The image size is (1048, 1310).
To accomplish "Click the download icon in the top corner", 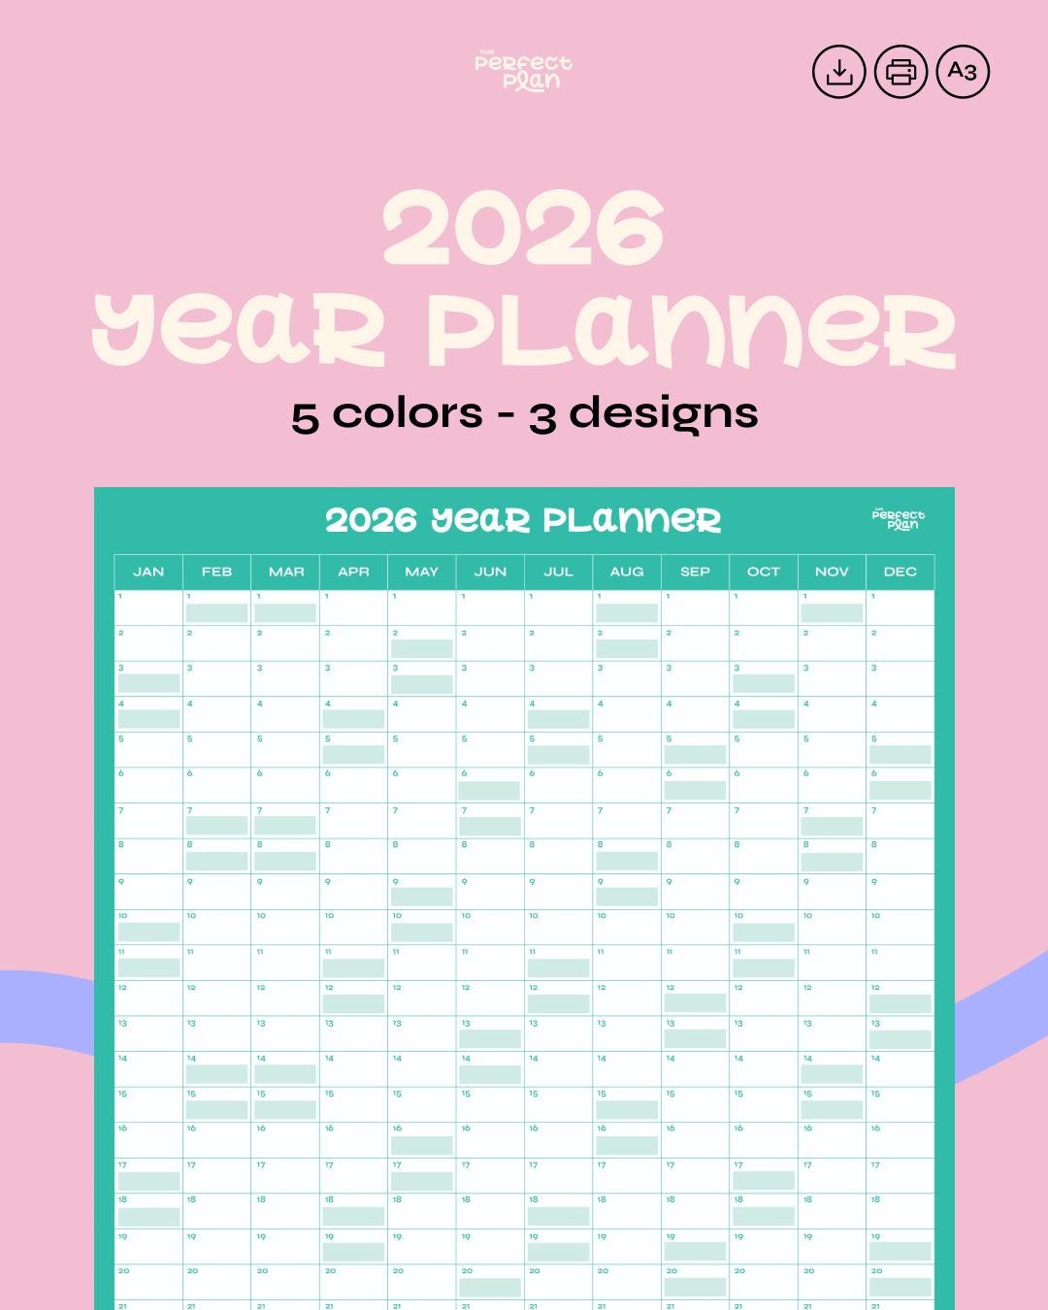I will [x=838, y=72].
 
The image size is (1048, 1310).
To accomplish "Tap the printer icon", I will [x=901, y=72].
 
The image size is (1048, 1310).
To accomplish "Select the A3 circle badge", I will [x=963, y=72].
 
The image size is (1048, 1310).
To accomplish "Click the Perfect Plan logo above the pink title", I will [x=523, y=71].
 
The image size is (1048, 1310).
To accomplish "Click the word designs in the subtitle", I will [x=663, y=414].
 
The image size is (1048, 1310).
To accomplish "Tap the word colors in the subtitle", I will [x=407, y=414].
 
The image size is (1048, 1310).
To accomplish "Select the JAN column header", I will [x=148, y=572].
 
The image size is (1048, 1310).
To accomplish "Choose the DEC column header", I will [x=901, y=572].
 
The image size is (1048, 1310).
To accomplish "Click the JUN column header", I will [x=490, y=572].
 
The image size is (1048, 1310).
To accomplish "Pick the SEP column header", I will [x=695, y=572].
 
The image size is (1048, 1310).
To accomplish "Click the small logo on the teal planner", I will [x=899, y=518].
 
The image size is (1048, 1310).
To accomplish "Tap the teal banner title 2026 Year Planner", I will [x=523, y=520].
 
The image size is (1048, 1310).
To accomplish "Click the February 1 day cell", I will [x=216, y=607].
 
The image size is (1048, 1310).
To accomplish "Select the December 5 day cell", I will [x=901, y=749].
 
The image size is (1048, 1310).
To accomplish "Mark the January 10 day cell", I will [x=148, y=927].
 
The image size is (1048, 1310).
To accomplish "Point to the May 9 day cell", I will [x=421, y=891].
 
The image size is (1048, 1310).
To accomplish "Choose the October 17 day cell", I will [x=763, y=1175].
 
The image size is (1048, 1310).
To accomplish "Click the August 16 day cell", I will [x=627, y=1139].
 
